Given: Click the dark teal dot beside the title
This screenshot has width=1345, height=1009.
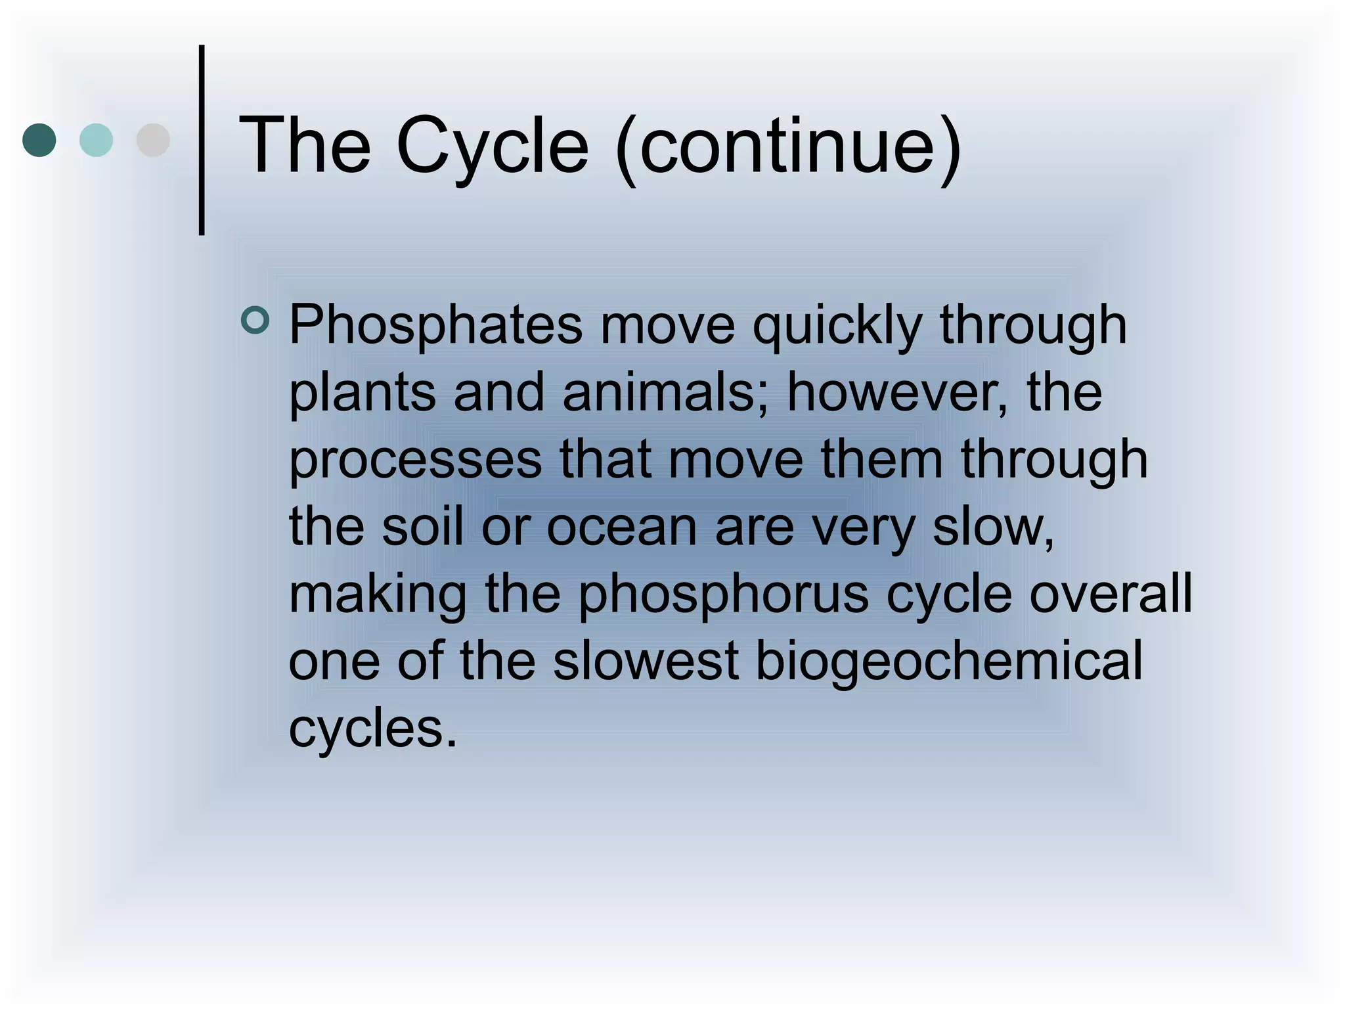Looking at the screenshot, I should [39, 140].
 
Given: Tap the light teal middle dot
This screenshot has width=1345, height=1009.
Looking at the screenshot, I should [96, 140].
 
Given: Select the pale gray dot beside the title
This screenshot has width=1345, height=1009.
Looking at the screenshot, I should [153, 140].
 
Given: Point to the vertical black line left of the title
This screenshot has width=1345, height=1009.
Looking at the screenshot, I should [202, 140].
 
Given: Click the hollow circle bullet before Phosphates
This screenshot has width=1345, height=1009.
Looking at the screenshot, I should [255, 321].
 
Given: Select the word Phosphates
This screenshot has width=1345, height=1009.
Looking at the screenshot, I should [435, 325].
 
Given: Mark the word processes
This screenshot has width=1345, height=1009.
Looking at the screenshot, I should [416, 460].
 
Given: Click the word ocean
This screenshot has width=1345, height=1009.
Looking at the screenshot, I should [621, 527].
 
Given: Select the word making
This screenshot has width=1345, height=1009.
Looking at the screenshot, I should [378, 595].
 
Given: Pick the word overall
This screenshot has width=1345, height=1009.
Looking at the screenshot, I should [1110, 594].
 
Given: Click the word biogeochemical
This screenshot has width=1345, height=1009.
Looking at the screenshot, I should [949, 662].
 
